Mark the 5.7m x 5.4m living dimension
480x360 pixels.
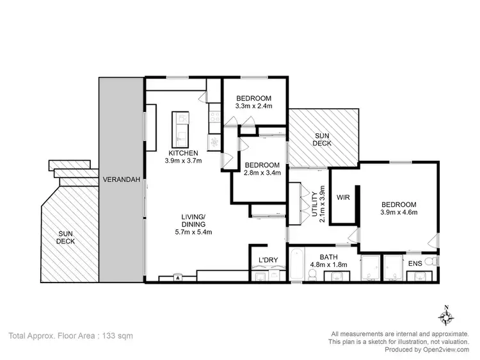pyautogui.click(x=193, y=232)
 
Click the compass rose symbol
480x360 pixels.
pyautogui.click(x=446, y=316)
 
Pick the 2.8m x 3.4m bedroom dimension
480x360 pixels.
pyautogui.click(x=263, y=172)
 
